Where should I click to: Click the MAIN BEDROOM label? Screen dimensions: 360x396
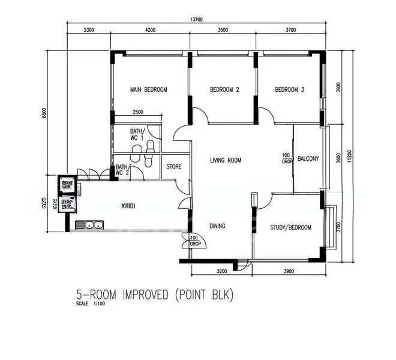pyautogui.click(x=148, y=90)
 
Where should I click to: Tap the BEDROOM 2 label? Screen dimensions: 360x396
pyautogui.click(x=224, y=90)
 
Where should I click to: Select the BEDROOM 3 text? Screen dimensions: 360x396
pyautogui.click(x=290, y=90)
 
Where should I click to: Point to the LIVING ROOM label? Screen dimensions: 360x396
pyautogui.click(x=226, y=160)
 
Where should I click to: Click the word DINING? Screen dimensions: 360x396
pyautogui.click(x=217, y=226)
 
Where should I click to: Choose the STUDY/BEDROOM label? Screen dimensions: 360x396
pyautogui.click(x=291, y=227)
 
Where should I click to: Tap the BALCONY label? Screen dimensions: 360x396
pyautogui.click(x=308, y=159)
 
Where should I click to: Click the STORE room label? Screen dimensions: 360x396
pyautogui.click(x=174, y=166)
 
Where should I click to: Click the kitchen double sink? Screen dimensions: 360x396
pyautogui.click(x=93, y=226)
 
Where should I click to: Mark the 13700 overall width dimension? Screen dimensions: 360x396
pyautogui.click(x=196, y=20)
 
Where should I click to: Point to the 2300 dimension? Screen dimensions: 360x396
pyautogui.click(x=89, y=29)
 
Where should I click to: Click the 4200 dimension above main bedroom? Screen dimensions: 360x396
pyautogui.click(x=149, y=29)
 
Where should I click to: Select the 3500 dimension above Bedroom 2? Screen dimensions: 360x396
pyautogui.click(x=223, y=29)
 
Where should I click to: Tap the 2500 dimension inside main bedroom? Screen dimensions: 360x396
pyautogui.click(x=137, y=112)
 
